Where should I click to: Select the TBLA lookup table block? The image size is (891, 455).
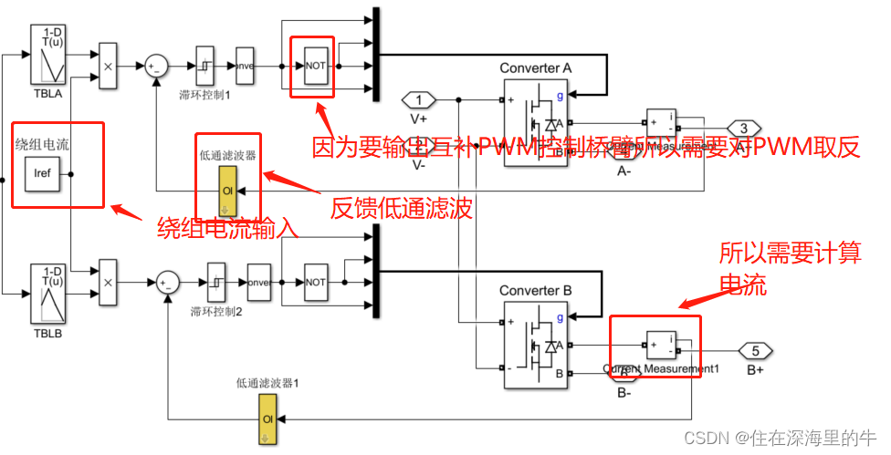(x=51, y=56)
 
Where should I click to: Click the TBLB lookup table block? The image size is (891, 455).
(x=51, y=293)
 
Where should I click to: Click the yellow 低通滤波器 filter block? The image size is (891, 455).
(x=227, y=191)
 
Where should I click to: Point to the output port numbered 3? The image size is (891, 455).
(x=743, y=129)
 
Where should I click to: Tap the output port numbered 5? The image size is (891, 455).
(x=755, y=350)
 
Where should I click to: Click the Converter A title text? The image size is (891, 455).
(x=536, y=68)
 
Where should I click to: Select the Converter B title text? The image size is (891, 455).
(x=536, y=290)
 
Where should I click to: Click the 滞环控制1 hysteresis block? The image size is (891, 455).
(x=205, y=67)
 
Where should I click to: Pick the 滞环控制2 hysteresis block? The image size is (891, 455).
(x=216, y=281)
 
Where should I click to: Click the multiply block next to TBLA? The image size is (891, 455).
(x=108, y=67)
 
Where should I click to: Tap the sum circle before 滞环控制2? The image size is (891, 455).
(x=166, y=281)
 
